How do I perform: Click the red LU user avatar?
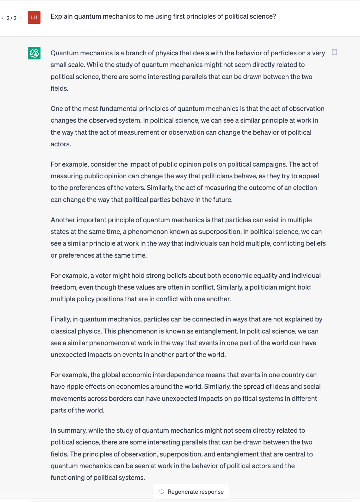pos(34,17)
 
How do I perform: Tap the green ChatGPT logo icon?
pos(34,53)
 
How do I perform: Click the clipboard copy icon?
pos(334,52)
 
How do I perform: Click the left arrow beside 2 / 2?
pos(3,18)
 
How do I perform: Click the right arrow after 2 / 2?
pos(21,18)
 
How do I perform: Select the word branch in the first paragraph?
pos(134,53)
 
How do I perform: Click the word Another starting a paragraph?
pos(63,220)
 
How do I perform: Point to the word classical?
pos(63,331)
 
